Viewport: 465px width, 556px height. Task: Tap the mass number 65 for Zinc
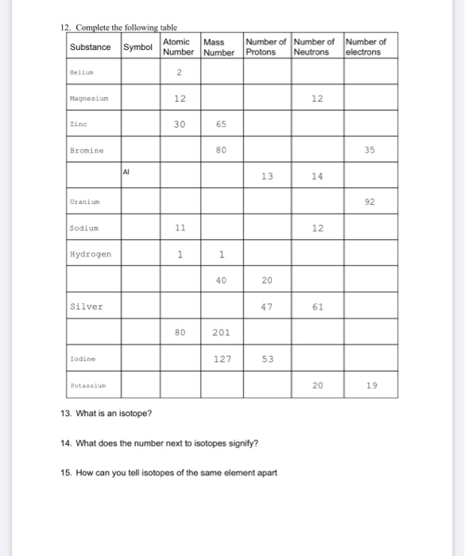[223, 125]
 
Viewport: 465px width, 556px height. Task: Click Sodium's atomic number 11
[180, 227]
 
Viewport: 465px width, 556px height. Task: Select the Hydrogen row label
[90, 254]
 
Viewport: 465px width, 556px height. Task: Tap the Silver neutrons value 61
[318, 306]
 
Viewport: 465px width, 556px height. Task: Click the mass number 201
[223, 332]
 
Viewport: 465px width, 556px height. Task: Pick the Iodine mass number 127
[223, 358]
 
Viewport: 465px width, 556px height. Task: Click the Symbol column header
[139, 47]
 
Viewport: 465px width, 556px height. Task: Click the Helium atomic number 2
[180, 72]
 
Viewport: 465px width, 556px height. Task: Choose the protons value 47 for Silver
[265, 306]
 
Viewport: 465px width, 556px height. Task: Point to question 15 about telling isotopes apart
[169, 472]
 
